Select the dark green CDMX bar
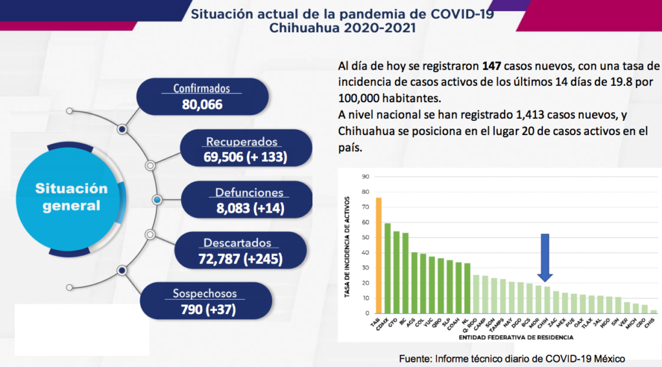(x=387, y=268)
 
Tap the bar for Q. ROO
(x=476, y=294)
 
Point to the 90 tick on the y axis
(x=365, y=176)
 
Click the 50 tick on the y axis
(x=365, y=237)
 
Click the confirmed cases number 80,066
(x=201, y=103)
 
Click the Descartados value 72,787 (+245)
(x=240, y=259)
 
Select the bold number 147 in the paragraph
(x=491, y=67)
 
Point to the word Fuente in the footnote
(x=414, y=359)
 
